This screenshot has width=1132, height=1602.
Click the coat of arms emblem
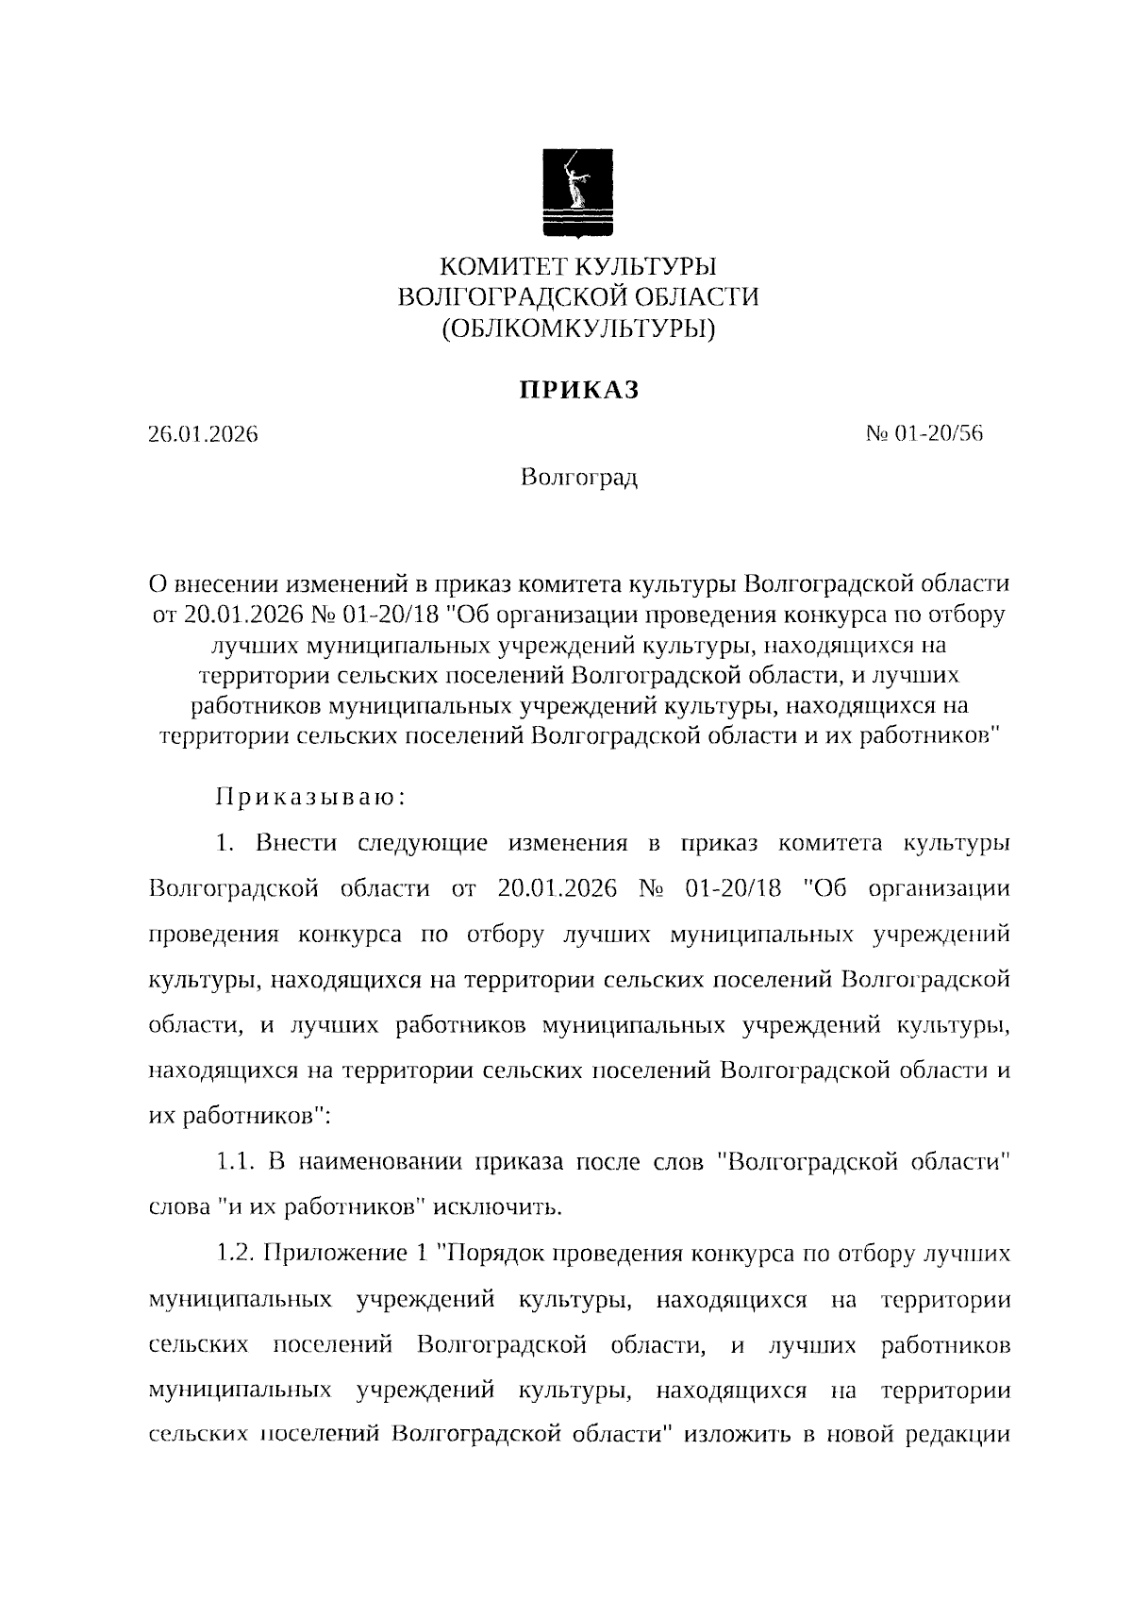click(x=577, y=192)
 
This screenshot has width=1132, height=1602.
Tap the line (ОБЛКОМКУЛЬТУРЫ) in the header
click(x=577, y=329)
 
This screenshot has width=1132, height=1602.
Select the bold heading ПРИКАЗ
click(x=577, y=390)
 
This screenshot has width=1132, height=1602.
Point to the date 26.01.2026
click(x=203, y=435)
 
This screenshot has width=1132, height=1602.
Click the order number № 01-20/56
click(x=924, y=434)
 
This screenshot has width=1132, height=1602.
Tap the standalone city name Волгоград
click(x=578, y=478)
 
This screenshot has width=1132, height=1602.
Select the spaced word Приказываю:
click(x=311, y=797)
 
